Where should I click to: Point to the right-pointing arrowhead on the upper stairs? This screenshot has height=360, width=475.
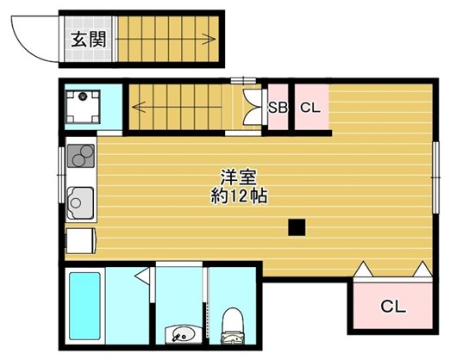[x=209, y=38]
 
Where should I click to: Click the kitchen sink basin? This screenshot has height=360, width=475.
[x=79, y=204]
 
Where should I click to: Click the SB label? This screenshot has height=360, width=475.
[x=277, y=109]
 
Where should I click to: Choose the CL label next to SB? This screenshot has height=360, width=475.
[x=310, y=108]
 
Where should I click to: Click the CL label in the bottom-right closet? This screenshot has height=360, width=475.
[x=392, y=305]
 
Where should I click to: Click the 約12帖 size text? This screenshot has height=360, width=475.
[x=239, y=196]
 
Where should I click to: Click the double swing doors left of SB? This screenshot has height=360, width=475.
[x=253, y=109]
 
